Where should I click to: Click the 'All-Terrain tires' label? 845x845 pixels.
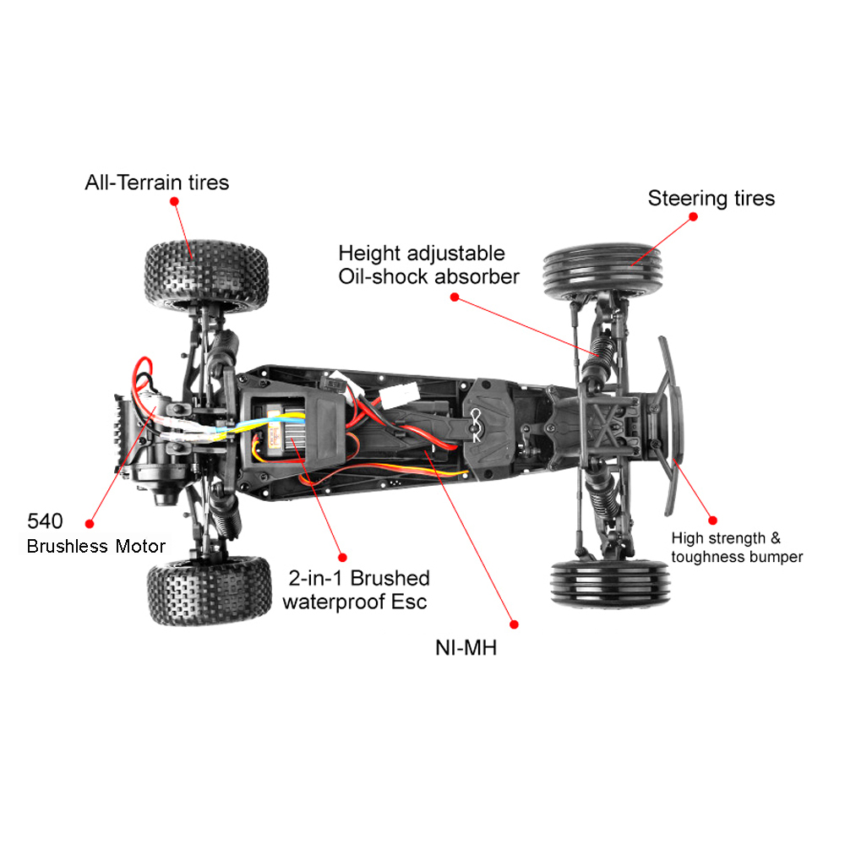coord(156,182)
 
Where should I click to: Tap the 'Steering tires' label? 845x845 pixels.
coord(711,199)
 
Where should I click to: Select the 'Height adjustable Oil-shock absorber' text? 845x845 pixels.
coord(428,264)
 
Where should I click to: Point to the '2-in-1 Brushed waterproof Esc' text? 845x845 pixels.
coord(356,590)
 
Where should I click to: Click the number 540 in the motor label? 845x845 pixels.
coord(45,521)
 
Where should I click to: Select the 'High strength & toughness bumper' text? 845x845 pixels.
coord(737,548)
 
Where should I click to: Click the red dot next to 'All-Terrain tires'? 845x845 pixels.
coord(174,201)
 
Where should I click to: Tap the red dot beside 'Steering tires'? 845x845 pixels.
coord(694,216)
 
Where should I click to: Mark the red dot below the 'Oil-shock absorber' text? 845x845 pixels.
coord(455,297)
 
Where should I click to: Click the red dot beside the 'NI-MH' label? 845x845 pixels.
coord(514,624)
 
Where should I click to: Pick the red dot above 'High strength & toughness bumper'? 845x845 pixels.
coord(712,521)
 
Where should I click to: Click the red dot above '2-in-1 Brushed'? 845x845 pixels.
coord(342,556)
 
